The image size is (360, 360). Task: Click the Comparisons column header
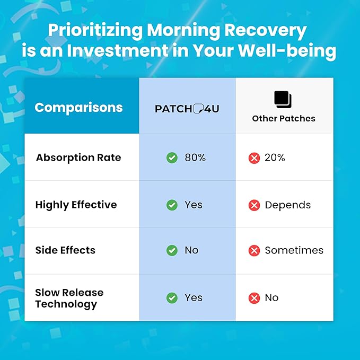[78, 108]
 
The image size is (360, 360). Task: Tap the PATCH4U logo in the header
[187, 108]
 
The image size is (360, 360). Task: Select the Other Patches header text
[284, 118]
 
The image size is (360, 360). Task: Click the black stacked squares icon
[283, 99]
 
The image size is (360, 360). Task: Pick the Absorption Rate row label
[78, 158]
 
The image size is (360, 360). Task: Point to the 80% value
[195, 158]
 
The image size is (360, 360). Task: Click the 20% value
[275, 158]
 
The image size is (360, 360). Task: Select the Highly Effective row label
[76, 205]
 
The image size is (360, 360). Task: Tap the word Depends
[287, 205]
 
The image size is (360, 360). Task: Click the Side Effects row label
[65, 251]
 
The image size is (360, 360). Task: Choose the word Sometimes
[294, 251]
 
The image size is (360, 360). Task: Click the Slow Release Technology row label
[69, 298]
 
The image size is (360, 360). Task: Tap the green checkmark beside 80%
[172, 158]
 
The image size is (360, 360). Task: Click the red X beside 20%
[254, 158]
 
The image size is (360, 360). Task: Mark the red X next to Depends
[254, 205]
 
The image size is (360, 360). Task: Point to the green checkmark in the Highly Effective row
[172, 205]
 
